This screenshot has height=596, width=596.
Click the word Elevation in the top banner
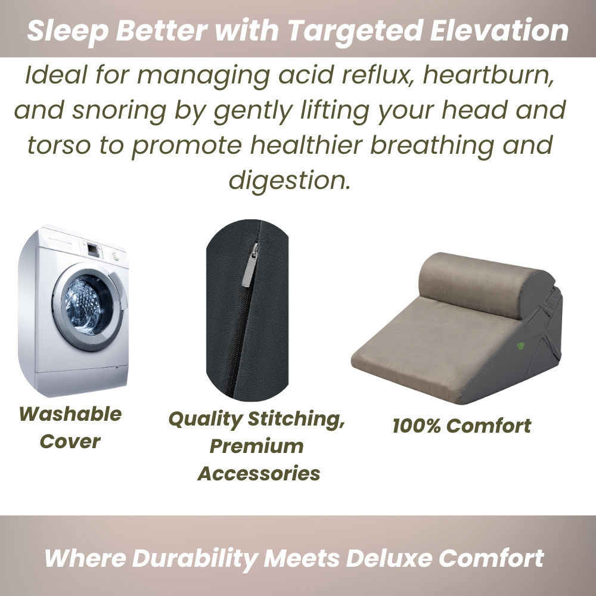(x=499, y=30)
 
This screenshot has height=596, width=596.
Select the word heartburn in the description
(x=489, y=74)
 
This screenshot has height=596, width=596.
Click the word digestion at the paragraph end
(x=289, y=180)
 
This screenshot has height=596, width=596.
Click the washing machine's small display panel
(x=93, y=249)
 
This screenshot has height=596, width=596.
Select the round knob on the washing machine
(x=116, y=256)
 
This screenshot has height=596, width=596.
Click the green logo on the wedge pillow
(x=520, y=346)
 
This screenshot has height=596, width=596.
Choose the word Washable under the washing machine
(x=70, y=414)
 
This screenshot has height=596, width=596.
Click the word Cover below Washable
(x=70, y=442)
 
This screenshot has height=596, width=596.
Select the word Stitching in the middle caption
(x=296, y=419)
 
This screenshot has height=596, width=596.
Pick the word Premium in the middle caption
(x=256, y=446)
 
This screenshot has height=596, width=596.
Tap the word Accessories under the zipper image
(x=259, y=474)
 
